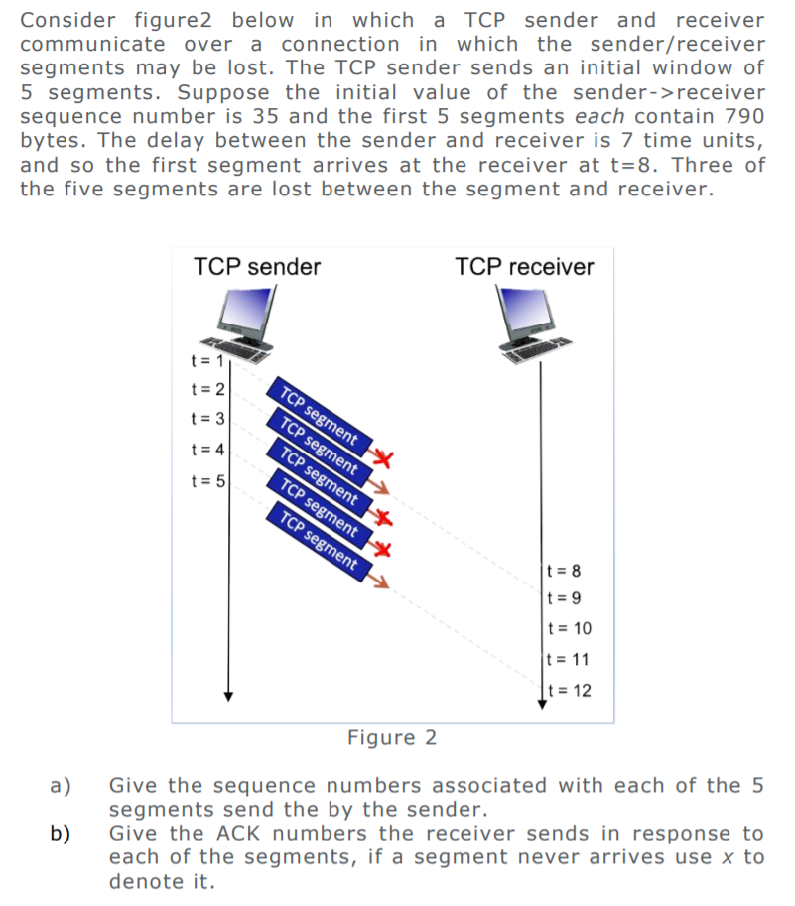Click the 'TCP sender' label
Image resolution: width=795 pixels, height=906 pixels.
pos(257,267)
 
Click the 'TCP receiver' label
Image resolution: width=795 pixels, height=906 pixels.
pos(524,267)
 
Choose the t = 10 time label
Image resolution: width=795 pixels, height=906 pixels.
pos(569,628)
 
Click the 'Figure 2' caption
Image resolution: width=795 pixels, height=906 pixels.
pos(392,738)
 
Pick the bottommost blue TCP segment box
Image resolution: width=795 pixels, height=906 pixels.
pos(318,541)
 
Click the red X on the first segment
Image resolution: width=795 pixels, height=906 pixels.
pos(385,456)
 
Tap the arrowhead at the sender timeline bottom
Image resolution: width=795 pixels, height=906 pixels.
pos(228,695)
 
